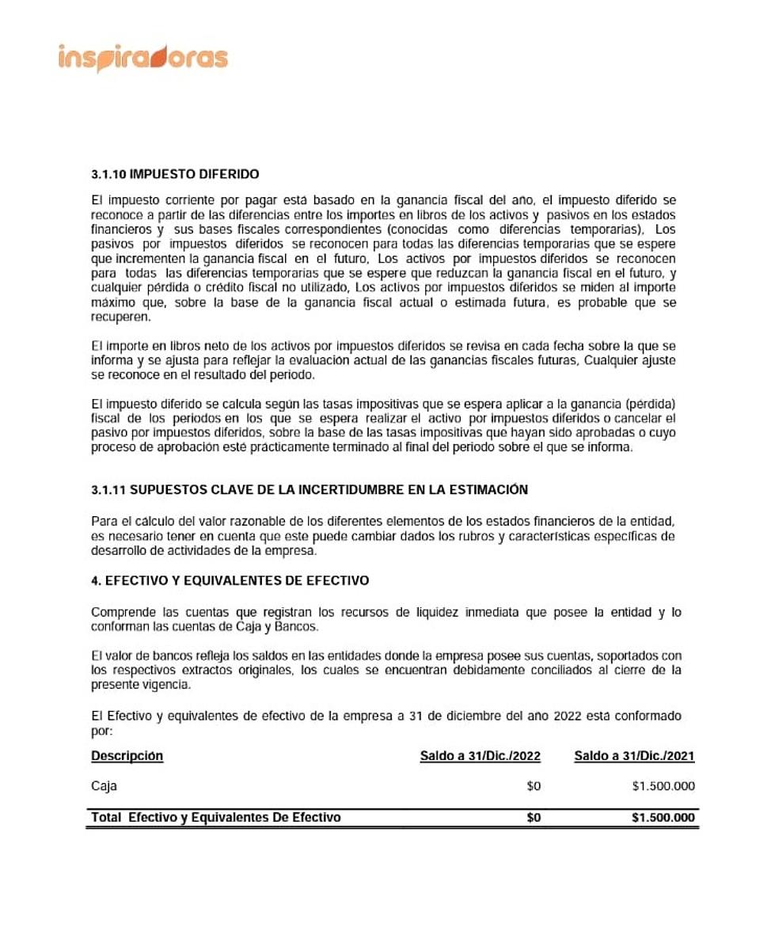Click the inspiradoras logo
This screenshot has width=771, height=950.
tap(142, 59)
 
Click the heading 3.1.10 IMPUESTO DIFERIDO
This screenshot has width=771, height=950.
tap(175, 174)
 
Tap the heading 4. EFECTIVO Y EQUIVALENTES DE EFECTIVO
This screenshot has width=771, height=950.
tap(230, 580)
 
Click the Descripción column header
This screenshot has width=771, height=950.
tap(127, 756)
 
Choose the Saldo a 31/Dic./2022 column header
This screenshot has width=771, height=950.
tap(480, 756)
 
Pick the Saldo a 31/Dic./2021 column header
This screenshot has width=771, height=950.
tap(634, 756)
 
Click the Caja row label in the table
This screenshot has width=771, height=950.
tap(104, 786)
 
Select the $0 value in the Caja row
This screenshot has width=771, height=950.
tap(534, 786)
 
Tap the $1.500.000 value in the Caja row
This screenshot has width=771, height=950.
tap(663, 786)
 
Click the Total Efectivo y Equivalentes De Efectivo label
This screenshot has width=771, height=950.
tap(216, 817)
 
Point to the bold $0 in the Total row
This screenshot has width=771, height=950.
tap(534, 817)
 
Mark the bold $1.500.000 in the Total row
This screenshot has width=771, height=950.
tap(663, 817)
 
